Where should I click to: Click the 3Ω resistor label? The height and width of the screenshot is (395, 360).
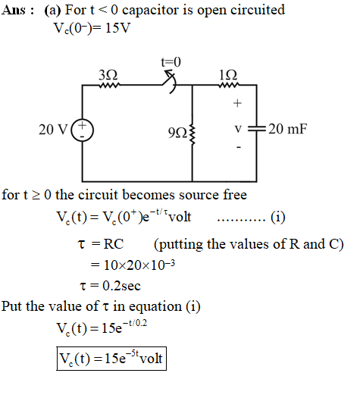pos(108,75)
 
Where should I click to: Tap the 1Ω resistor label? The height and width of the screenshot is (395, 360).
pos(228,75)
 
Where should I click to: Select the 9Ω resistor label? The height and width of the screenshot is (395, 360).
pos(177,133)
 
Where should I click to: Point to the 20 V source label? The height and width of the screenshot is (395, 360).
pos(53,130)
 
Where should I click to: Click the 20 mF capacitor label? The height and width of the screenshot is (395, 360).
pos(288,129)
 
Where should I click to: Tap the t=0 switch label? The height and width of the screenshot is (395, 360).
pos(171,62)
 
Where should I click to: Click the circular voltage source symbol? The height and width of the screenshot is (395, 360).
pos(83,130)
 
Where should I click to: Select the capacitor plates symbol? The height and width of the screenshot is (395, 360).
pos(257,129)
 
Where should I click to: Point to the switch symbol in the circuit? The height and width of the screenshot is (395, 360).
pos(170,82)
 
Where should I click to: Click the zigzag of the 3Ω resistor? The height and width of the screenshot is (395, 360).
pos(109,86)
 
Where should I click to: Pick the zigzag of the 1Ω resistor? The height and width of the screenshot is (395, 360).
pos(228,85)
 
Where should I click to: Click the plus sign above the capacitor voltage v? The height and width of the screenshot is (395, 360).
pos(237,103)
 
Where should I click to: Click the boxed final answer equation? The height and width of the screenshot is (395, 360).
pos(111,359)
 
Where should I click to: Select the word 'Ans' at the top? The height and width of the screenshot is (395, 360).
pos(14,11)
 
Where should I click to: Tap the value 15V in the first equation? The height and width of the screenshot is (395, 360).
pos(117,28)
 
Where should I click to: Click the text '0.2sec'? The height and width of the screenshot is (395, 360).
pos(121,286)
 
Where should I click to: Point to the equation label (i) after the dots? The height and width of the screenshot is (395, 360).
pos(278,217)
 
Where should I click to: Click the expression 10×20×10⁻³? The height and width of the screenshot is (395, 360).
pos(139,265)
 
